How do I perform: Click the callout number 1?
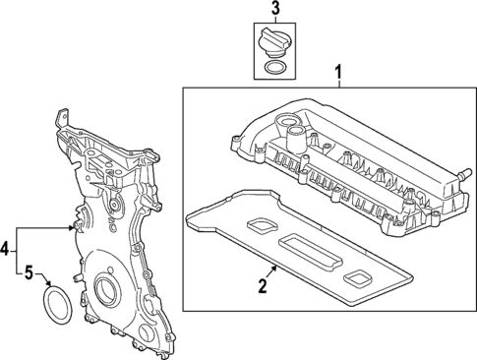pyautogui.click(x=338, y=72)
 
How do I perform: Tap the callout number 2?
pyautogui.click(x=263, y=286)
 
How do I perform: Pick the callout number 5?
pyautogui.click(x=29, y=271)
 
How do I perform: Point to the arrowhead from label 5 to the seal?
pyautogui.click(x=49, y=286)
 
